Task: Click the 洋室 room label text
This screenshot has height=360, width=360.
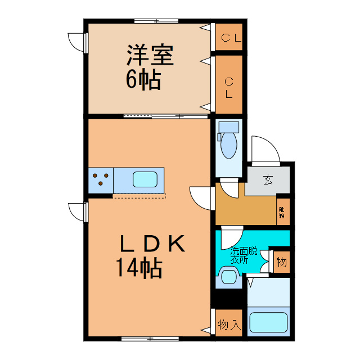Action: [x=149, y=56]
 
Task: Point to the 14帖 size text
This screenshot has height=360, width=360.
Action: [x=139, y=268]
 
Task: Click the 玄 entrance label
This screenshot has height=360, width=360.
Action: [x=268, y=180]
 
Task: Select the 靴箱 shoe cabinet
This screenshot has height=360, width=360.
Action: [x=282, y=211]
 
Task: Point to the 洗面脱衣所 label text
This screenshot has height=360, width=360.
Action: [x=242, y=256]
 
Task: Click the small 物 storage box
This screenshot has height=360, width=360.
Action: [x=281, y=263]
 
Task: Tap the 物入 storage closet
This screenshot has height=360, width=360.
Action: [x=228, y=325]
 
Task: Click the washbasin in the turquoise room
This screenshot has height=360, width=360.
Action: [x=228, y=277]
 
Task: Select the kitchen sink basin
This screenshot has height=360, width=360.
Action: [x=145, y=180]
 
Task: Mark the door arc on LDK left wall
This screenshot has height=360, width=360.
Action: [x=76, y=211]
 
